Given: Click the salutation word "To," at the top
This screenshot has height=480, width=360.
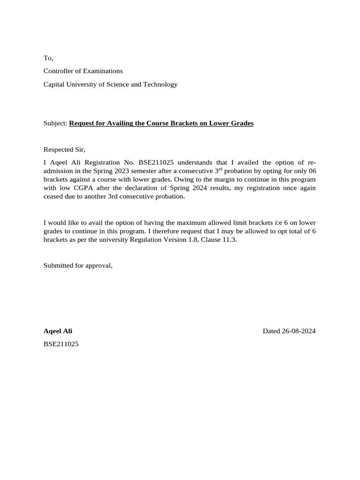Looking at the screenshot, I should (x=48, y=58).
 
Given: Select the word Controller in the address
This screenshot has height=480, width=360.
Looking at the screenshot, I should (x=60, y=71).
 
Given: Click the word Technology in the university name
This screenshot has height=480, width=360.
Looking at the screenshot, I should (x=161, y=84).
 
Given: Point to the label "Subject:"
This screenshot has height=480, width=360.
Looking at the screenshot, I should (x=55, y=123).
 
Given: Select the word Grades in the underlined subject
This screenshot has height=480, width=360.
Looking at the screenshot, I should (x=240, y=123).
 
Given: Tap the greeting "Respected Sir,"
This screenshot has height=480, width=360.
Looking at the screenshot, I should (x=65, y=150).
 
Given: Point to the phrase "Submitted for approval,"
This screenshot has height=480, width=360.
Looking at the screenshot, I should (x=78, y=265).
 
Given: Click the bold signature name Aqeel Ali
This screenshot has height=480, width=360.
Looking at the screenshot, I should (x=58, y=331).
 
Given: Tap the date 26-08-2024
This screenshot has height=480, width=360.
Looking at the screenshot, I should (x=299, y=331).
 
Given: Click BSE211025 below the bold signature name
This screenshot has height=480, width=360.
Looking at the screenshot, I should (x=61, y=344).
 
